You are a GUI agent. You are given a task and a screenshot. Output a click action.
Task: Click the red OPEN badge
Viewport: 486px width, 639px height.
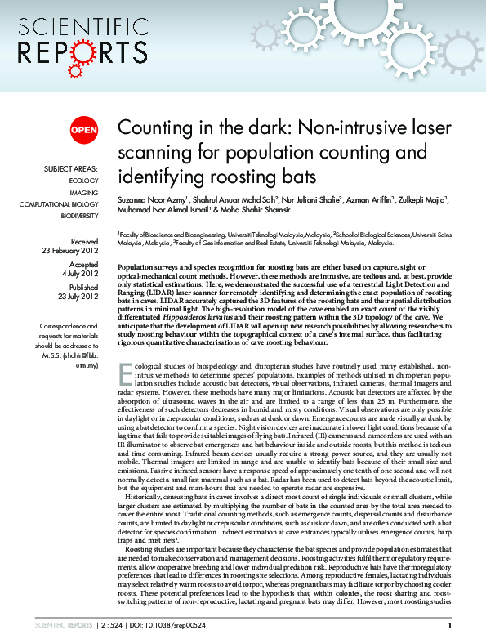[83, 130]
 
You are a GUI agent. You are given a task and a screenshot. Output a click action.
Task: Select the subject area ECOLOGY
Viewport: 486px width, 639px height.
[83, 180]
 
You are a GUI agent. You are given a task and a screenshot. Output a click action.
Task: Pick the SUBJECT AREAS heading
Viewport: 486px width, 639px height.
[71, 168]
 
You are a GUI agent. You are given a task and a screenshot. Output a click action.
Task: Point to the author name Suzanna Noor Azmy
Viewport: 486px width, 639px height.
[151, 199]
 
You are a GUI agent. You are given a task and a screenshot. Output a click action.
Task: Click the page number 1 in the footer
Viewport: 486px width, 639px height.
[450, 625]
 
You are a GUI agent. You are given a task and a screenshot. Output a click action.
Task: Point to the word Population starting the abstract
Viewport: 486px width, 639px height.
[137, 268]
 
